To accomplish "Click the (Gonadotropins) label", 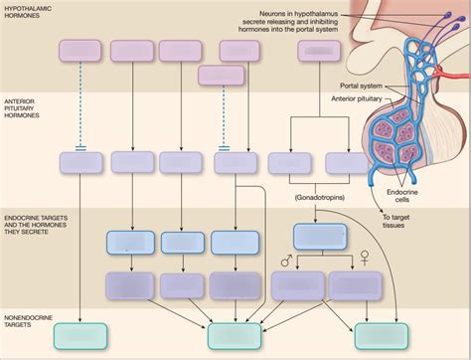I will [x=319, y=198].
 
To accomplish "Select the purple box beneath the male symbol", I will [x=292, y=287].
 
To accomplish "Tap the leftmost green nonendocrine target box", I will [x=80, y=335].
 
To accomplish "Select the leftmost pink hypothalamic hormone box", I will [x=80, y=52].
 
